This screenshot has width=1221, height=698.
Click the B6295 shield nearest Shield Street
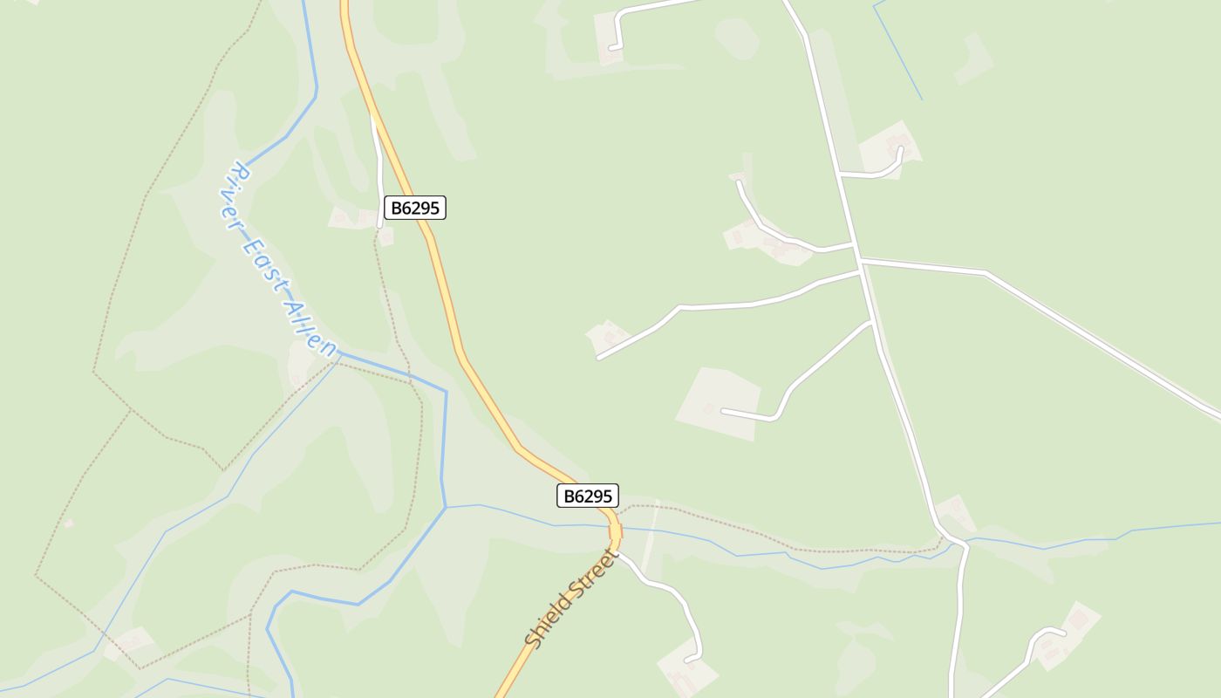point(588,496)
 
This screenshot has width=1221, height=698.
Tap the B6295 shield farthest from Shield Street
point(415,208)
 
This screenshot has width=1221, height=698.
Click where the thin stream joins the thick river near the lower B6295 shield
point(446,507)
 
